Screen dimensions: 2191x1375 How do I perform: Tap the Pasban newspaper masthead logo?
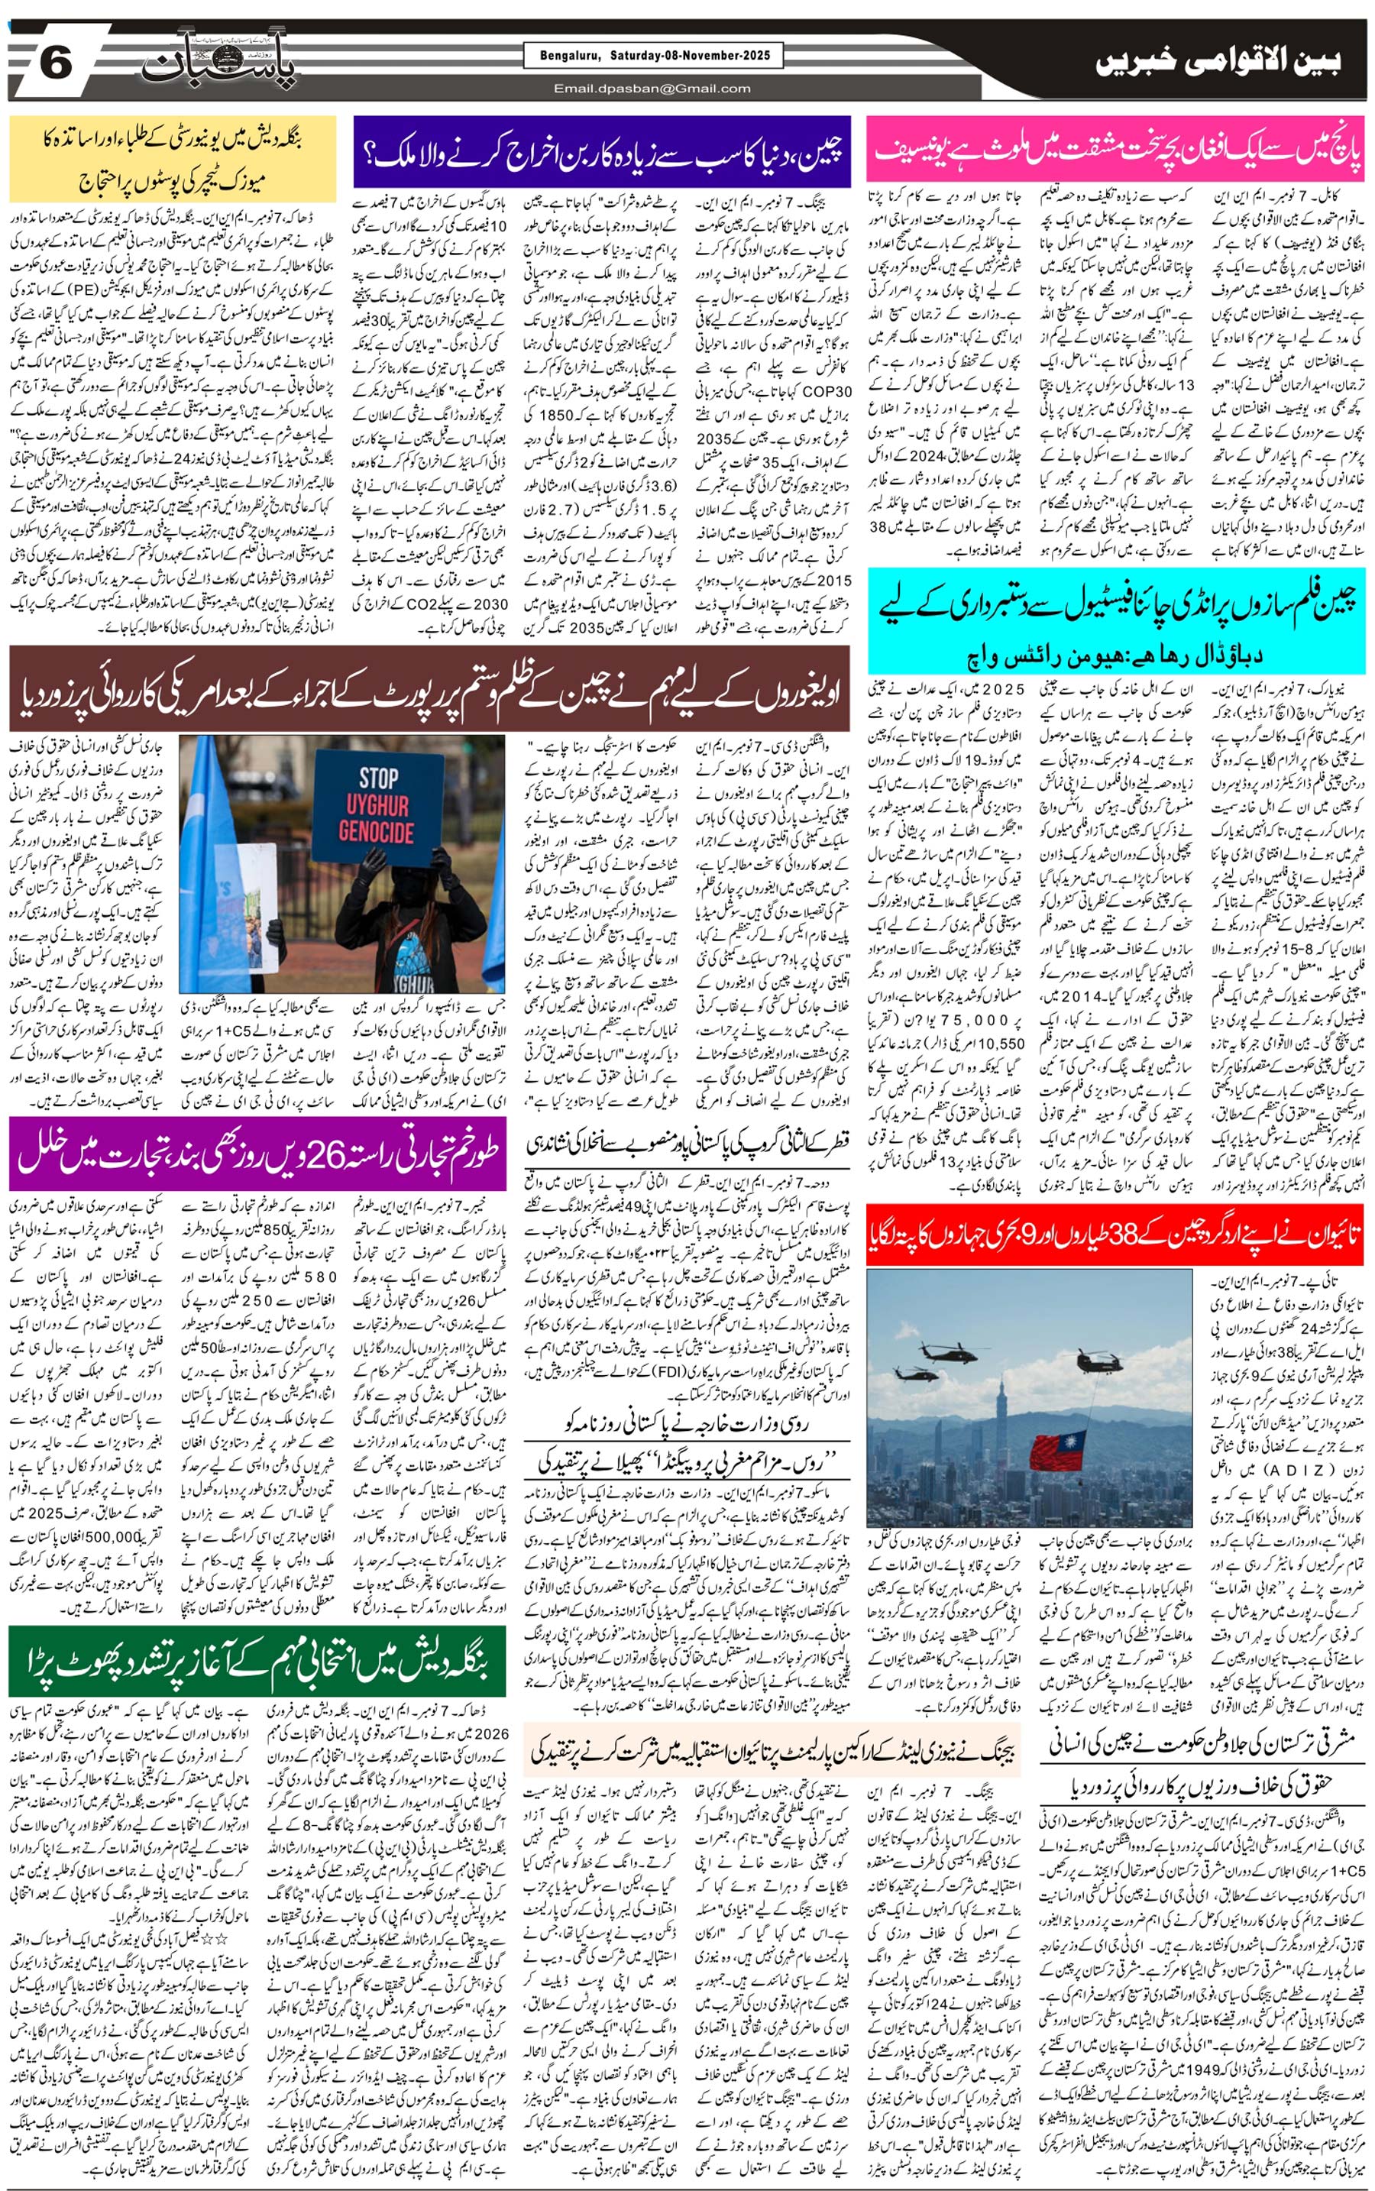(219, 66)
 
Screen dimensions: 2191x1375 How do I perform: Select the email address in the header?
(652, 88)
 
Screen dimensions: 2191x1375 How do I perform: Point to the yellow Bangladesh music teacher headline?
(173, 158)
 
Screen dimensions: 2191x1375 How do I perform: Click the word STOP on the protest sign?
(377, 778)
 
